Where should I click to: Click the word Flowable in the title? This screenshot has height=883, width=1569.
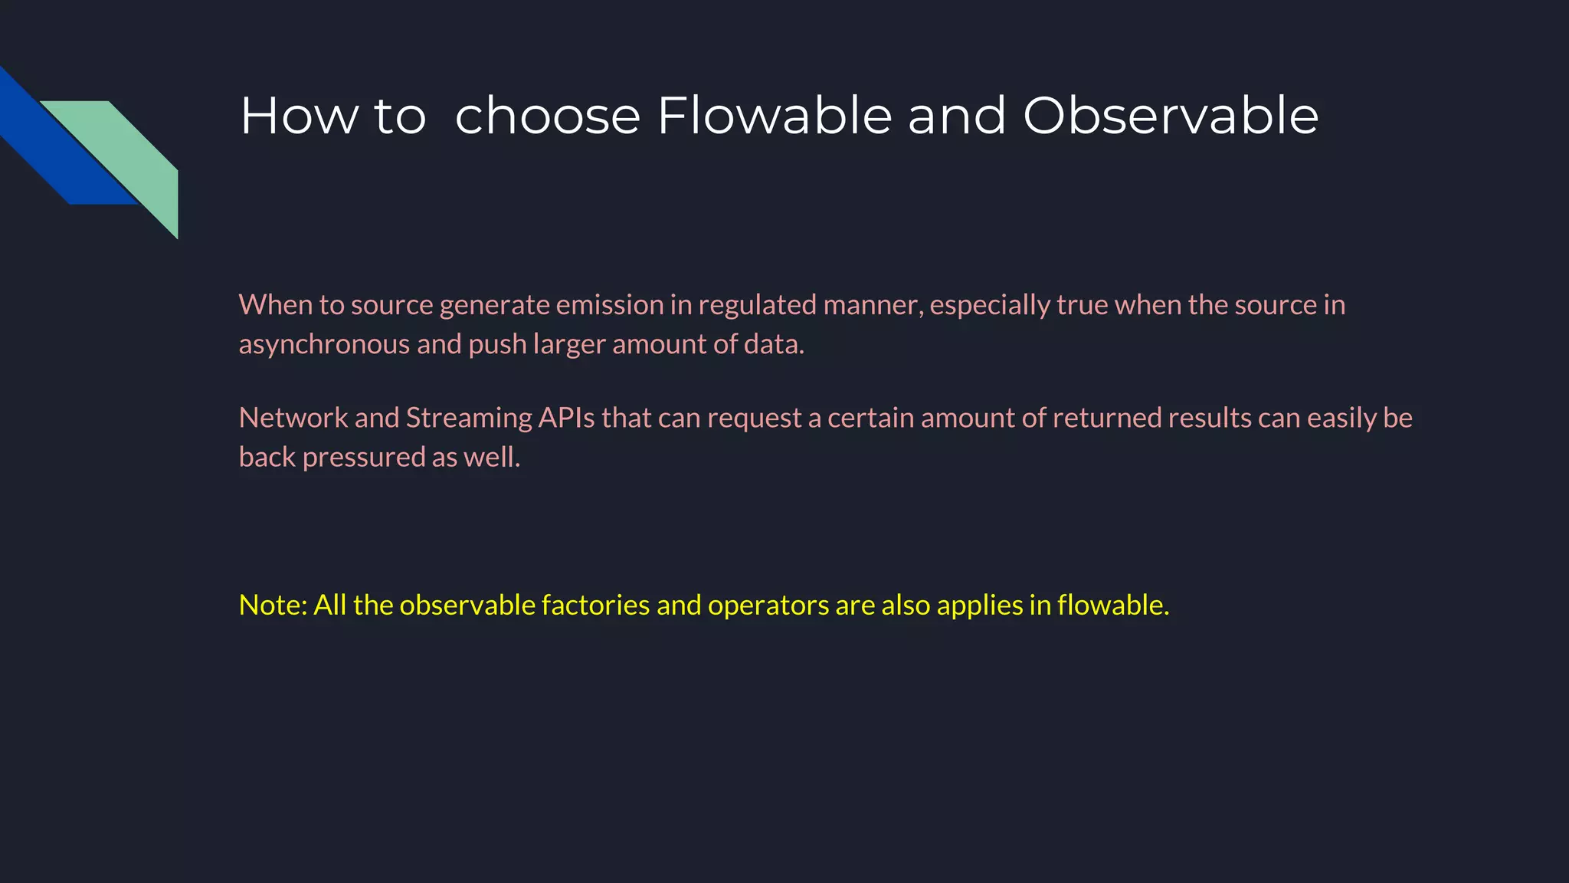(774, 117)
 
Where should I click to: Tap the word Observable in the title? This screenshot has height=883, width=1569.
(1170, 117)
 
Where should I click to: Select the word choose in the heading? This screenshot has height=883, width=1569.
(547, 117)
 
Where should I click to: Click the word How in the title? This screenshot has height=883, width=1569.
(299, 117)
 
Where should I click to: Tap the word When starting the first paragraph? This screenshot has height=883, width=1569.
(275, 305)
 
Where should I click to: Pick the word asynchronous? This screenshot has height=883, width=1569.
(324, 345)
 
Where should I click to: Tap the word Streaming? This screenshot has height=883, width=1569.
(468, 419)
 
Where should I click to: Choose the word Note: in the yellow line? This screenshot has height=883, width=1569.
(273, 606)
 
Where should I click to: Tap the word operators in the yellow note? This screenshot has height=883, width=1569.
(768, 606)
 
